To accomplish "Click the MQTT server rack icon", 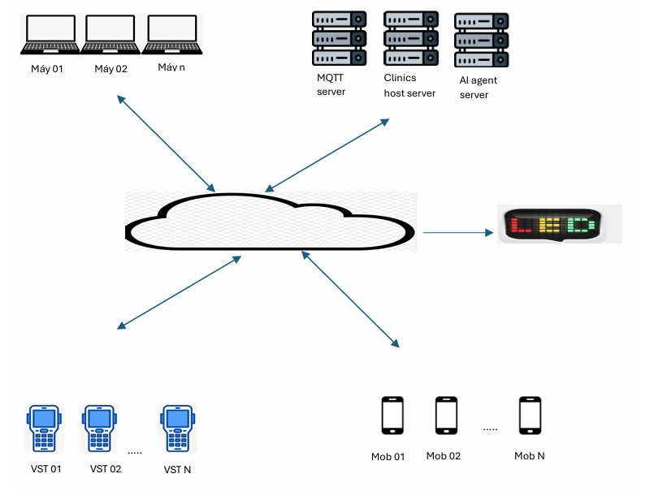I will click(340, 38).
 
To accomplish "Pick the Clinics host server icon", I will click(411, 38).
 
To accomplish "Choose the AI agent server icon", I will click(482, 40).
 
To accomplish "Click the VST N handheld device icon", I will click(176, 428).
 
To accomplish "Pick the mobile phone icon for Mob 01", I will click(393, 416).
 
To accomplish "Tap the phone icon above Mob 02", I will click(446, 416).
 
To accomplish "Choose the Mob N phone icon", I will click(531, 416).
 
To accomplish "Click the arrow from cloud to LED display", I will click(458, 233).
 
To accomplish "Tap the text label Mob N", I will click(529, 456).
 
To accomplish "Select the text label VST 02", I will click(106, 469).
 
